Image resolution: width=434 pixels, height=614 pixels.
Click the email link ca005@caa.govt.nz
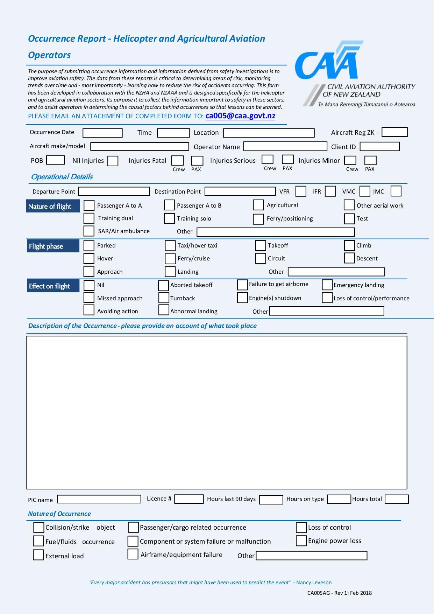[x=240, y=116]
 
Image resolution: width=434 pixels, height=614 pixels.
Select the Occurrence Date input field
[x=102, y=133]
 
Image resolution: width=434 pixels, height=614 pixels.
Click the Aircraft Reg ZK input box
[x=394, y=132]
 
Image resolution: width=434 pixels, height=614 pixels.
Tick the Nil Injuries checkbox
[x=113, y=161]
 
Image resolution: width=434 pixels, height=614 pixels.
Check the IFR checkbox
[x=330, y=191]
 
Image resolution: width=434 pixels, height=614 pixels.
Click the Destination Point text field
[x=240, y=191]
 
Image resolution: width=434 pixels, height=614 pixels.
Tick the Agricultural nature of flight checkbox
[x=258, y=205]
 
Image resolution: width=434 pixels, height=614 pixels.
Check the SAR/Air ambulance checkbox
[x=89, y=231]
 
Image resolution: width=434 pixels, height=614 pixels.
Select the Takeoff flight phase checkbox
[x=260, y=245]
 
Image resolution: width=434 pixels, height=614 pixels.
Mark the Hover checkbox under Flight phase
[x=89, y=258]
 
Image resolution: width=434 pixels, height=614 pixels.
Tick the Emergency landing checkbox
[x=327, y=285]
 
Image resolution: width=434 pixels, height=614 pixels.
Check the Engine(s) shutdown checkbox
[x=242, y=298]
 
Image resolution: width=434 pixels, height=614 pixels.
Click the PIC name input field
[x=99, y=499]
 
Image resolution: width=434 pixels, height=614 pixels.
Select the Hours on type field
[x=339, y=499]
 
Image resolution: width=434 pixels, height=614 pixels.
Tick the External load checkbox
[x=38, y=555]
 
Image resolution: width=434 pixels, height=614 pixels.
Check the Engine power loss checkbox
[x=301, y=540]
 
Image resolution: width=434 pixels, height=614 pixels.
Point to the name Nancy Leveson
[x=314, y=582]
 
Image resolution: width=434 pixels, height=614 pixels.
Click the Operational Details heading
[x=62, y=177]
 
